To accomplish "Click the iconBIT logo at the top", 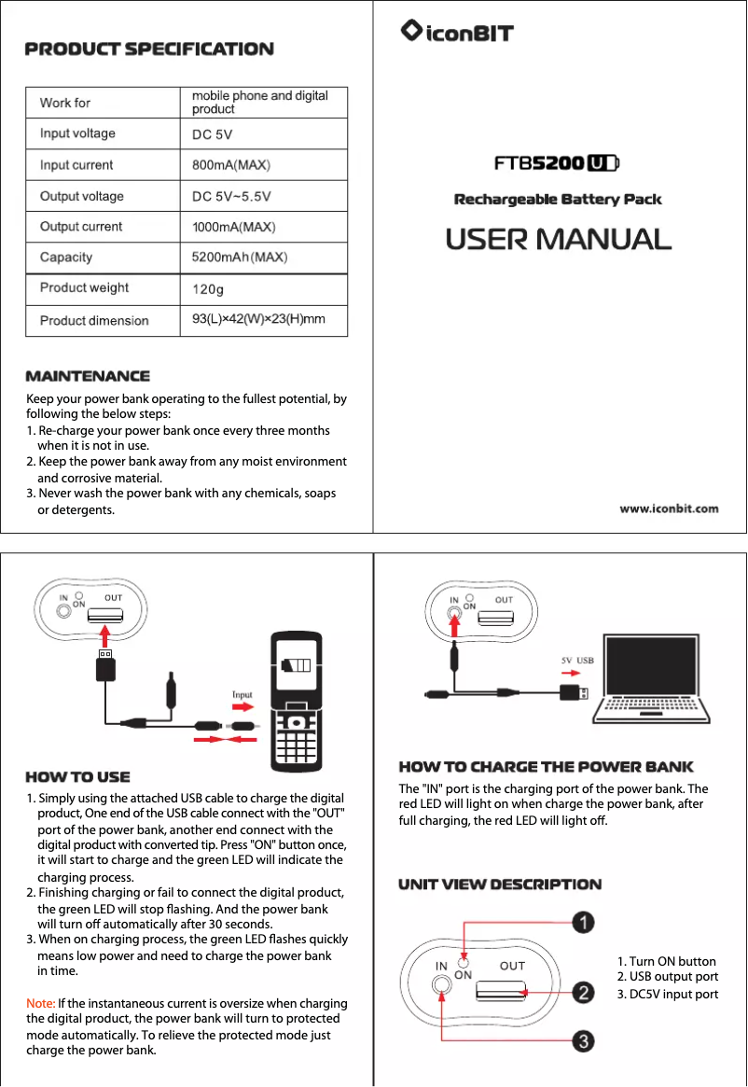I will click(456, 33).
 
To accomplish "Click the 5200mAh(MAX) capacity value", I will click(239, 257).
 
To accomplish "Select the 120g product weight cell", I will click(207, 288).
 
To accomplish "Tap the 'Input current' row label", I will click(76, 165).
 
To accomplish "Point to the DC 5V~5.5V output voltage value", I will click(231, 196).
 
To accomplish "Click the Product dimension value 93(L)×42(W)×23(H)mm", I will click(257, 319).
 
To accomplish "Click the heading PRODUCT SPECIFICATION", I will click(149, 49).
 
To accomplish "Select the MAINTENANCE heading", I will click(88, 376).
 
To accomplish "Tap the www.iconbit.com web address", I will click(670, 509).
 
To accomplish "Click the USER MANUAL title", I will click(558, 239).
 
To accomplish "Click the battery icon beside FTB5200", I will click(603, 163).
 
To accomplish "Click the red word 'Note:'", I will click(41, 1003).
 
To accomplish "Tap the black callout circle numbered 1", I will click(584, 923).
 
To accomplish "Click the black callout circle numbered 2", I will click(584, 992).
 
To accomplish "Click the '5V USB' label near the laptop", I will click(577, 660).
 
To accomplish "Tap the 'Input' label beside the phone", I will click(242, 694).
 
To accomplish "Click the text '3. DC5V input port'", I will click(667, 994).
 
